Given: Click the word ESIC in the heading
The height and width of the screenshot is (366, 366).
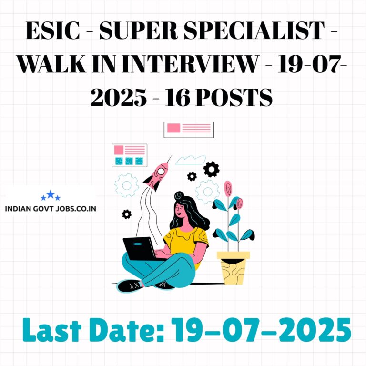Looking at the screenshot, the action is click(53, 30).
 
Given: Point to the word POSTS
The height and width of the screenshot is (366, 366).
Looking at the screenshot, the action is click(234, 97).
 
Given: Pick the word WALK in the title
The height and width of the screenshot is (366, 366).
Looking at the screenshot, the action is click(51, 64).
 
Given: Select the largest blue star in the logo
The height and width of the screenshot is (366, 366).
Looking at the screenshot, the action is click(51, 194).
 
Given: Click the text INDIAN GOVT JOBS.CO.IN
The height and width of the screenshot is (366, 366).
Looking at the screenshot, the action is click(51, 209).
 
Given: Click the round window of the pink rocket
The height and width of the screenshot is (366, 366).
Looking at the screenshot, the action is click(161, 172).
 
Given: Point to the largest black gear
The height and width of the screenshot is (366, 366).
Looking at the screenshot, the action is click(211, 169).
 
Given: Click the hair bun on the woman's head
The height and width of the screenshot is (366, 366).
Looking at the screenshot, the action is click(179, 195).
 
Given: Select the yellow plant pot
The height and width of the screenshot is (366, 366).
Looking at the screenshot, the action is click(233, 268).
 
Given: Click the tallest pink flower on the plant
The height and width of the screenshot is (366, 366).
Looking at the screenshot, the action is click(228, 188).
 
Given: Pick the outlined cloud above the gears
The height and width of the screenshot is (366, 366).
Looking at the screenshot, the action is click(191, 160).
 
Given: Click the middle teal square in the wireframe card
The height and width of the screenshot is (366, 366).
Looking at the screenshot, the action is click(129, 161).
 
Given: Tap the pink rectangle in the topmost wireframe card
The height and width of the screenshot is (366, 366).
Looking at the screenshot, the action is click(173, 128).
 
